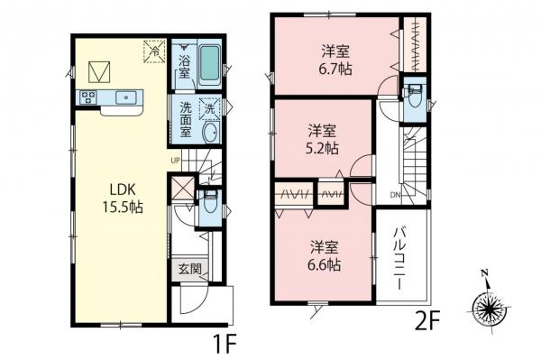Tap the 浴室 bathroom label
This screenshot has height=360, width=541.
(x=184, y=68)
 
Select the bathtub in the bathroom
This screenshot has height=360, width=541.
(x=209, y=64)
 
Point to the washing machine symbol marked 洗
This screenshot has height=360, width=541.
(x=208, y=107)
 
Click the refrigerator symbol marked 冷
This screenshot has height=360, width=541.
(x=153, y=52)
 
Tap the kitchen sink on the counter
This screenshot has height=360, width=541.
(x=126, y=97)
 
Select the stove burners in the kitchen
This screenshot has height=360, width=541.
(x=89, y=97)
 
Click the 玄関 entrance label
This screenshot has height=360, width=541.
(x=188, y=268)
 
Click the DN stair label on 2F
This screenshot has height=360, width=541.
(x=395, y=194)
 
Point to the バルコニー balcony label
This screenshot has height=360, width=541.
(x=398, y=254)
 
